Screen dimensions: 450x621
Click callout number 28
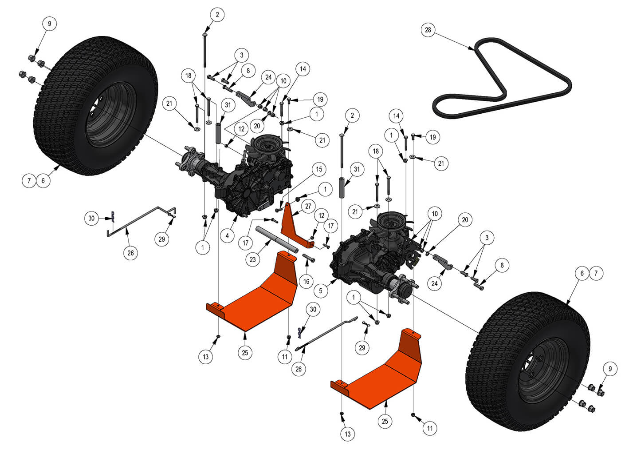(x=428, y=30)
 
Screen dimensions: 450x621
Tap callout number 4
(x=227, y=235)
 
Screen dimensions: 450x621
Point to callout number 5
(x=321, y=291)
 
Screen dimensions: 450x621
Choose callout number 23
(x=253, y=259)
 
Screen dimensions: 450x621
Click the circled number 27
(x=308, y=207)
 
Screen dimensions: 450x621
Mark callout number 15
(x=318, y=169)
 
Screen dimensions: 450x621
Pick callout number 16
(x=307, y=281)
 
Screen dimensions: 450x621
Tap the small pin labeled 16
(x=309, y=258)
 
